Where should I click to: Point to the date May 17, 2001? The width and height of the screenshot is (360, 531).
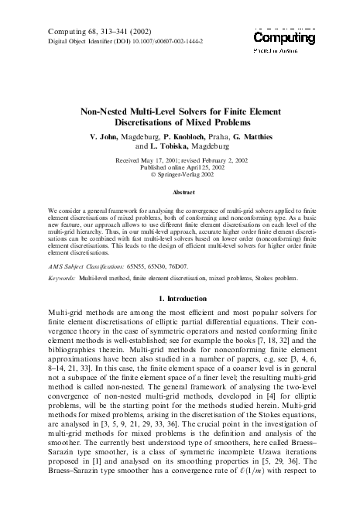(x=165, y=159)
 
